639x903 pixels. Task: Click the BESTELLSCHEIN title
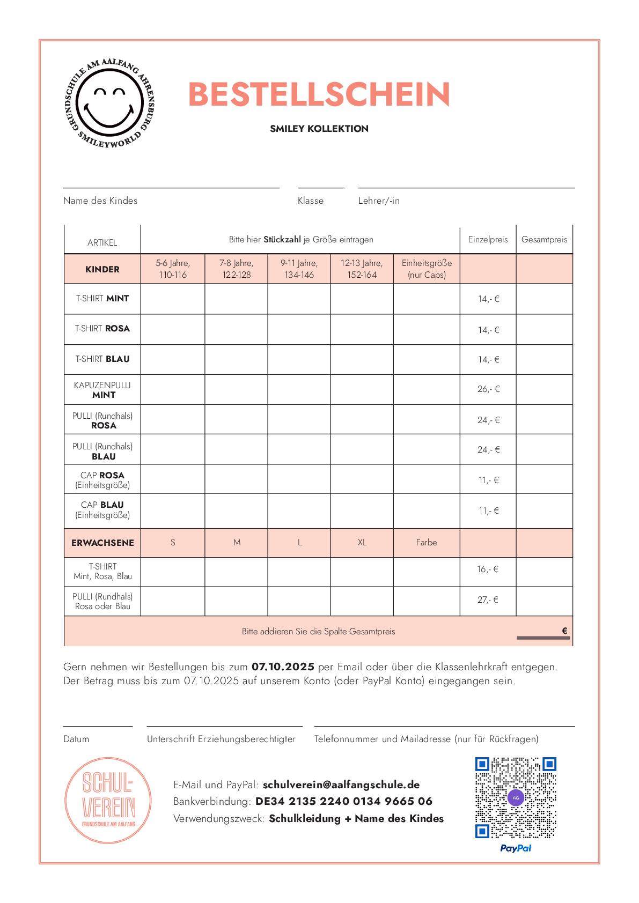point(319,95)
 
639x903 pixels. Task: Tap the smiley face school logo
point(109,104)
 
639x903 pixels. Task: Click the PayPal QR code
point(515,797)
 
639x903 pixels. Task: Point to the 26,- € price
point(488,389)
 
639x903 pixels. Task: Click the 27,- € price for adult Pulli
point(488,600)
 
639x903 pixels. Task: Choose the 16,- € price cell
point(488,569)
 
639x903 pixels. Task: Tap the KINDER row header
point(102,269)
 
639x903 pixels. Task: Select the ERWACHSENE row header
point(102,543)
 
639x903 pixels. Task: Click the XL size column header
point(362,543)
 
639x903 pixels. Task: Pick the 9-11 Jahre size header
point(299,269)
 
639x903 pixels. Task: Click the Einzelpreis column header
point(488,240)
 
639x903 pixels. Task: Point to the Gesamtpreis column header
point(544,240)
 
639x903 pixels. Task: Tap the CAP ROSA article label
point(102,480)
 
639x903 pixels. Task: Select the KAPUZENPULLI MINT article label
point(102,390)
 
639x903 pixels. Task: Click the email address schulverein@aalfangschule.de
point(341,785)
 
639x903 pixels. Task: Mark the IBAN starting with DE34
point(344,802)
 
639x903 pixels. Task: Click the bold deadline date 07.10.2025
point(283,667)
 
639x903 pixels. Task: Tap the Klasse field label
point(311,201)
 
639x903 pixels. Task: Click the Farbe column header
point(427,543)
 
